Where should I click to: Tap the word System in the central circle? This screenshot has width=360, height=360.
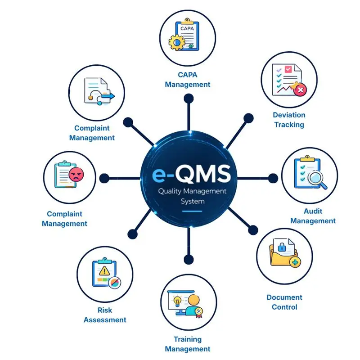[x=192, y=201]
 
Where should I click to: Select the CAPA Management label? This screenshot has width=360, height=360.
[x=187, y=79]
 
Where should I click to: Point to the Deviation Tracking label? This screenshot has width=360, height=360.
[x=289, y=120]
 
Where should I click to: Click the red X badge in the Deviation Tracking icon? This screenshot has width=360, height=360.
[x=300, y=90]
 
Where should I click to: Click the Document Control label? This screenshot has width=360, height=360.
[x=284, y=302]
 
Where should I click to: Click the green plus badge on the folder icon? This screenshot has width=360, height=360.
[x=295, y=262]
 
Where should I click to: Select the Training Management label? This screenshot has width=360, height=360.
[x=187, y=344]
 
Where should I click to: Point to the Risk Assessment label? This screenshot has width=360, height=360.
[x=105, y=315]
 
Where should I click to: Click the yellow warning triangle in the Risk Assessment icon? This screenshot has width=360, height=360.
[x=104, y=270]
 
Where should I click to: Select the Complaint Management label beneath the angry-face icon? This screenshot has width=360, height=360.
[x=64, y=219]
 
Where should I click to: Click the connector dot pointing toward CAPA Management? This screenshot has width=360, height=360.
[x=189, y=97]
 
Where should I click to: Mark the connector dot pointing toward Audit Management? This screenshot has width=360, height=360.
[x=274, y=177]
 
